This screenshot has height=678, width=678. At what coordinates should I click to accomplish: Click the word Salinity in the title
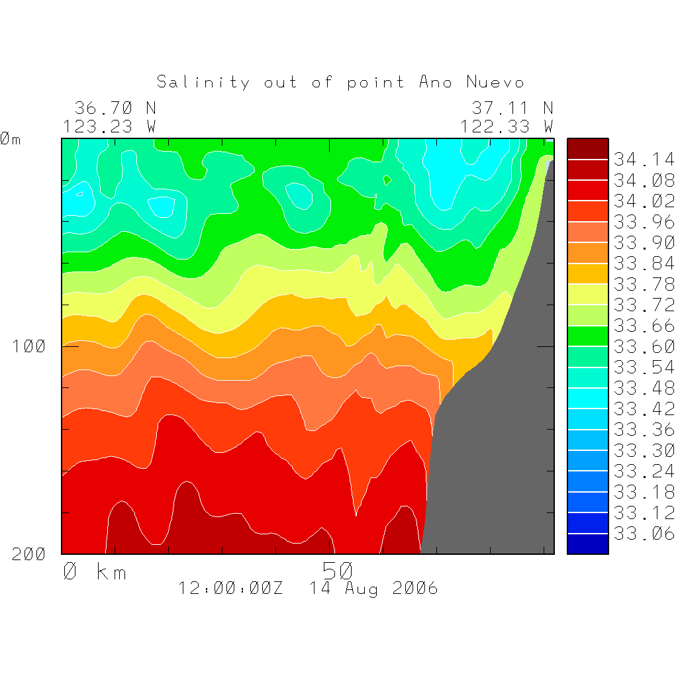203,82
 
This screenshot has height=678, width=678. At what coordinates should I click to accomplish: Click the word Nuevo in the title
495,82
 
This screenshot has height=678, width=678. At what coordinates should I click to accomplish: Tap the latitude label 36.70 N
115,108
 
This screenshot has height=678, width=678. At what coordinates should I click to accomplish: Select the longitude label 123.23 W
110,126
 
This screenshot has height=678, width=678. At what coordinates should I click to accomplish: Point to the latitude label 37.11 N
512,108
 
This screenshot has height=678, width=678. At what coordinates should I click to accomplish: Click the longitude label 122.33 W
507,126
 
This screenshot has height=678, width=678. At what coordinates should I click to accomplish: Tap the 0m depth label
11,139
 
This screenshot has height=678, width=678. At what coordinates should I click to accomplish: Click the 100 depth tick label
30,346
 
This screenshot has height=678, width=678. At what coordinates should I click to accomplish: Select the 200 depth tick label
30,554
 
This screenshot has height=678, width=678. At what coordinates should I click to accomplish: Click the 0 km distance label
95,571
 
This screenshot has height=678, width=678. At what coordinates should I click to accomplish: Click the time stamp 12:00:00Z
230,588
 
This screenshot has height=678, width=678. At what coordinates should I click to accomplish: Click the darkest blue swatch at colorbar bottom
587,544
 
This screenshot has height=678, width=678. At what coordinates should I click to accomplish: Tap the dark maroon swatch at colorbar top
587,149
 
